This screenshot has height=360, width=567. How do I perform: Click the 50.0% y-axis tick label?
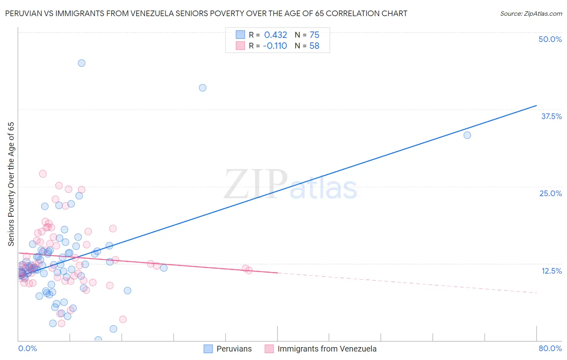[550, 39]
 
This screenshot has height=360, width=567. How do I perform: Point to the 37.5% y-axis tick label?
[551, 116]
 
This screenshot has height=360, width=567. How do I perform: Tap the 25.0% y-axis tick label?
[550, 193]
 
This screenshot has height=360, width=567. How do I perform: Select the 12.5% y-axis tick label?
[551, 271]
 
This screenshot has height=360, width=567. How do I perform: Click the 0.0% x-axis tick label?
[27, 349]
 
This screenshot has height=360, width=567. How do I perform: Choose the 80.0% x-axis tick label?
[550, 349]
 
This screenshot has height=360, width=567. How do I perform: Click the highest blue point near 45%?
[81, 63]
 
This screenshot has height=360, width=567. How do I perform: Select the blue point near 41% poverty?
[203, 88]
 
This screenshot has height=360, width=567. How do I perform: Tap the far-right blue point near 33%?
[467, 135]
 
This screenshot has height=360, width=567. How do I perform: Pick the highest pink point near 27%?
[43, 174]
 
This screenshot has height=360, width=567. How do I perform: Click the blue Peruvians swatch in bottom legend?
[208, 349]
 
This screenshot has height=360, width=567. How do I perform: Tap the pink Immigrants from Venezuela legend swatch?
[269, 349]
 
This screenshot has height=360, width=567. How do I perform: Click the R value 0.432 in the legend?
[275, 35]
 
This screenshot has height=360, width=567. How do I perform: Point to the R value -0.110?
[275, 46]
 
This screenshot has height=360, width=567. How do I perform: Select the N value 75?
[314, 35]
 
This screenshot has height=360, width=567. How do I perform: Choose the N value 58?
[314, 46]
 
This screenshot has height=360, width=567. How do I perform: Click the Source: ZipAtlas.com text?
[531, 14]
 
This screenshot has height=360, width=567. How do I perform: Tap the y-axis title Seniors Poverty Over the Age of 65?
[11, 184]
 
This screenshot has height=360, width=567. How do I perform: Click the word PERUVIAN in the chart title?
[23, 14]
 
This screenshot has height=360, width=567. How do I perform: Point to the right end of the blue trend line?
[536, 105]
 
